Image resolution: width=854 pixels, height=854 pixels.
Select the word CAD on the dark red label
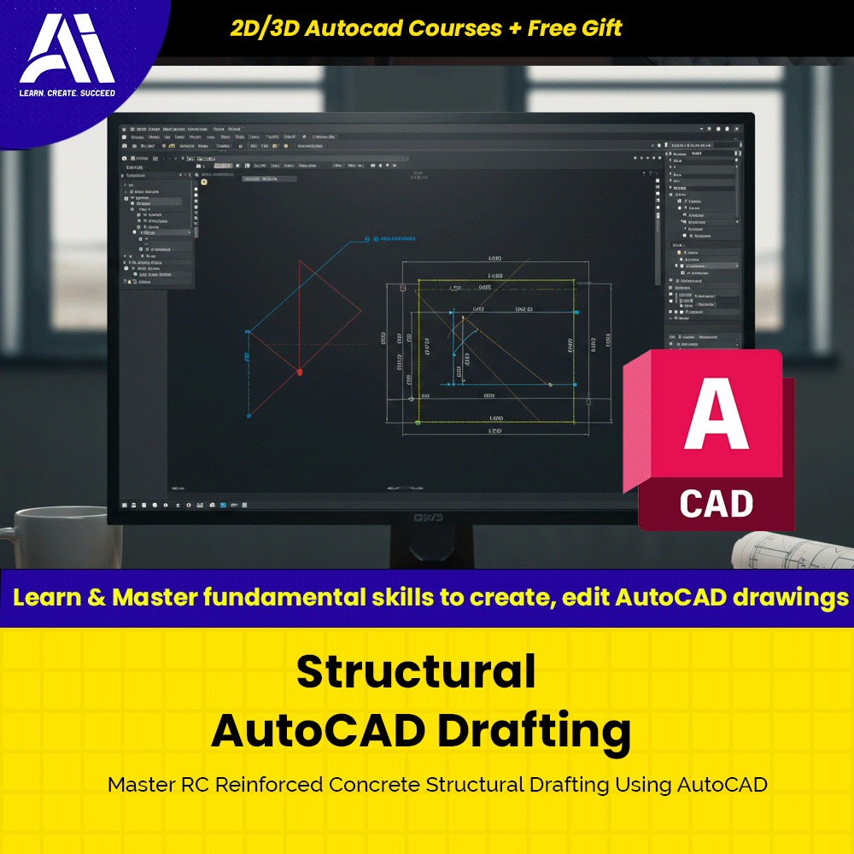[716, 503]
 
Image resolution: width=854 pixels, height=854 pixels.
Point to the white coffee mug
[51, 538]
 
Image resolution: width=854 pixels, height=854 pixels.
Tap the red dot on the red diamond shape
[299, 371]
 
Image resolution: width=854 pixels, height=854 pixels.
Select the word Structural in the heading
[416, 671]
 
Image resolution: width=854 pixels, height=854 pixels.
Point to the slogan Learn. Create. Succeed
[67, 92]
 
